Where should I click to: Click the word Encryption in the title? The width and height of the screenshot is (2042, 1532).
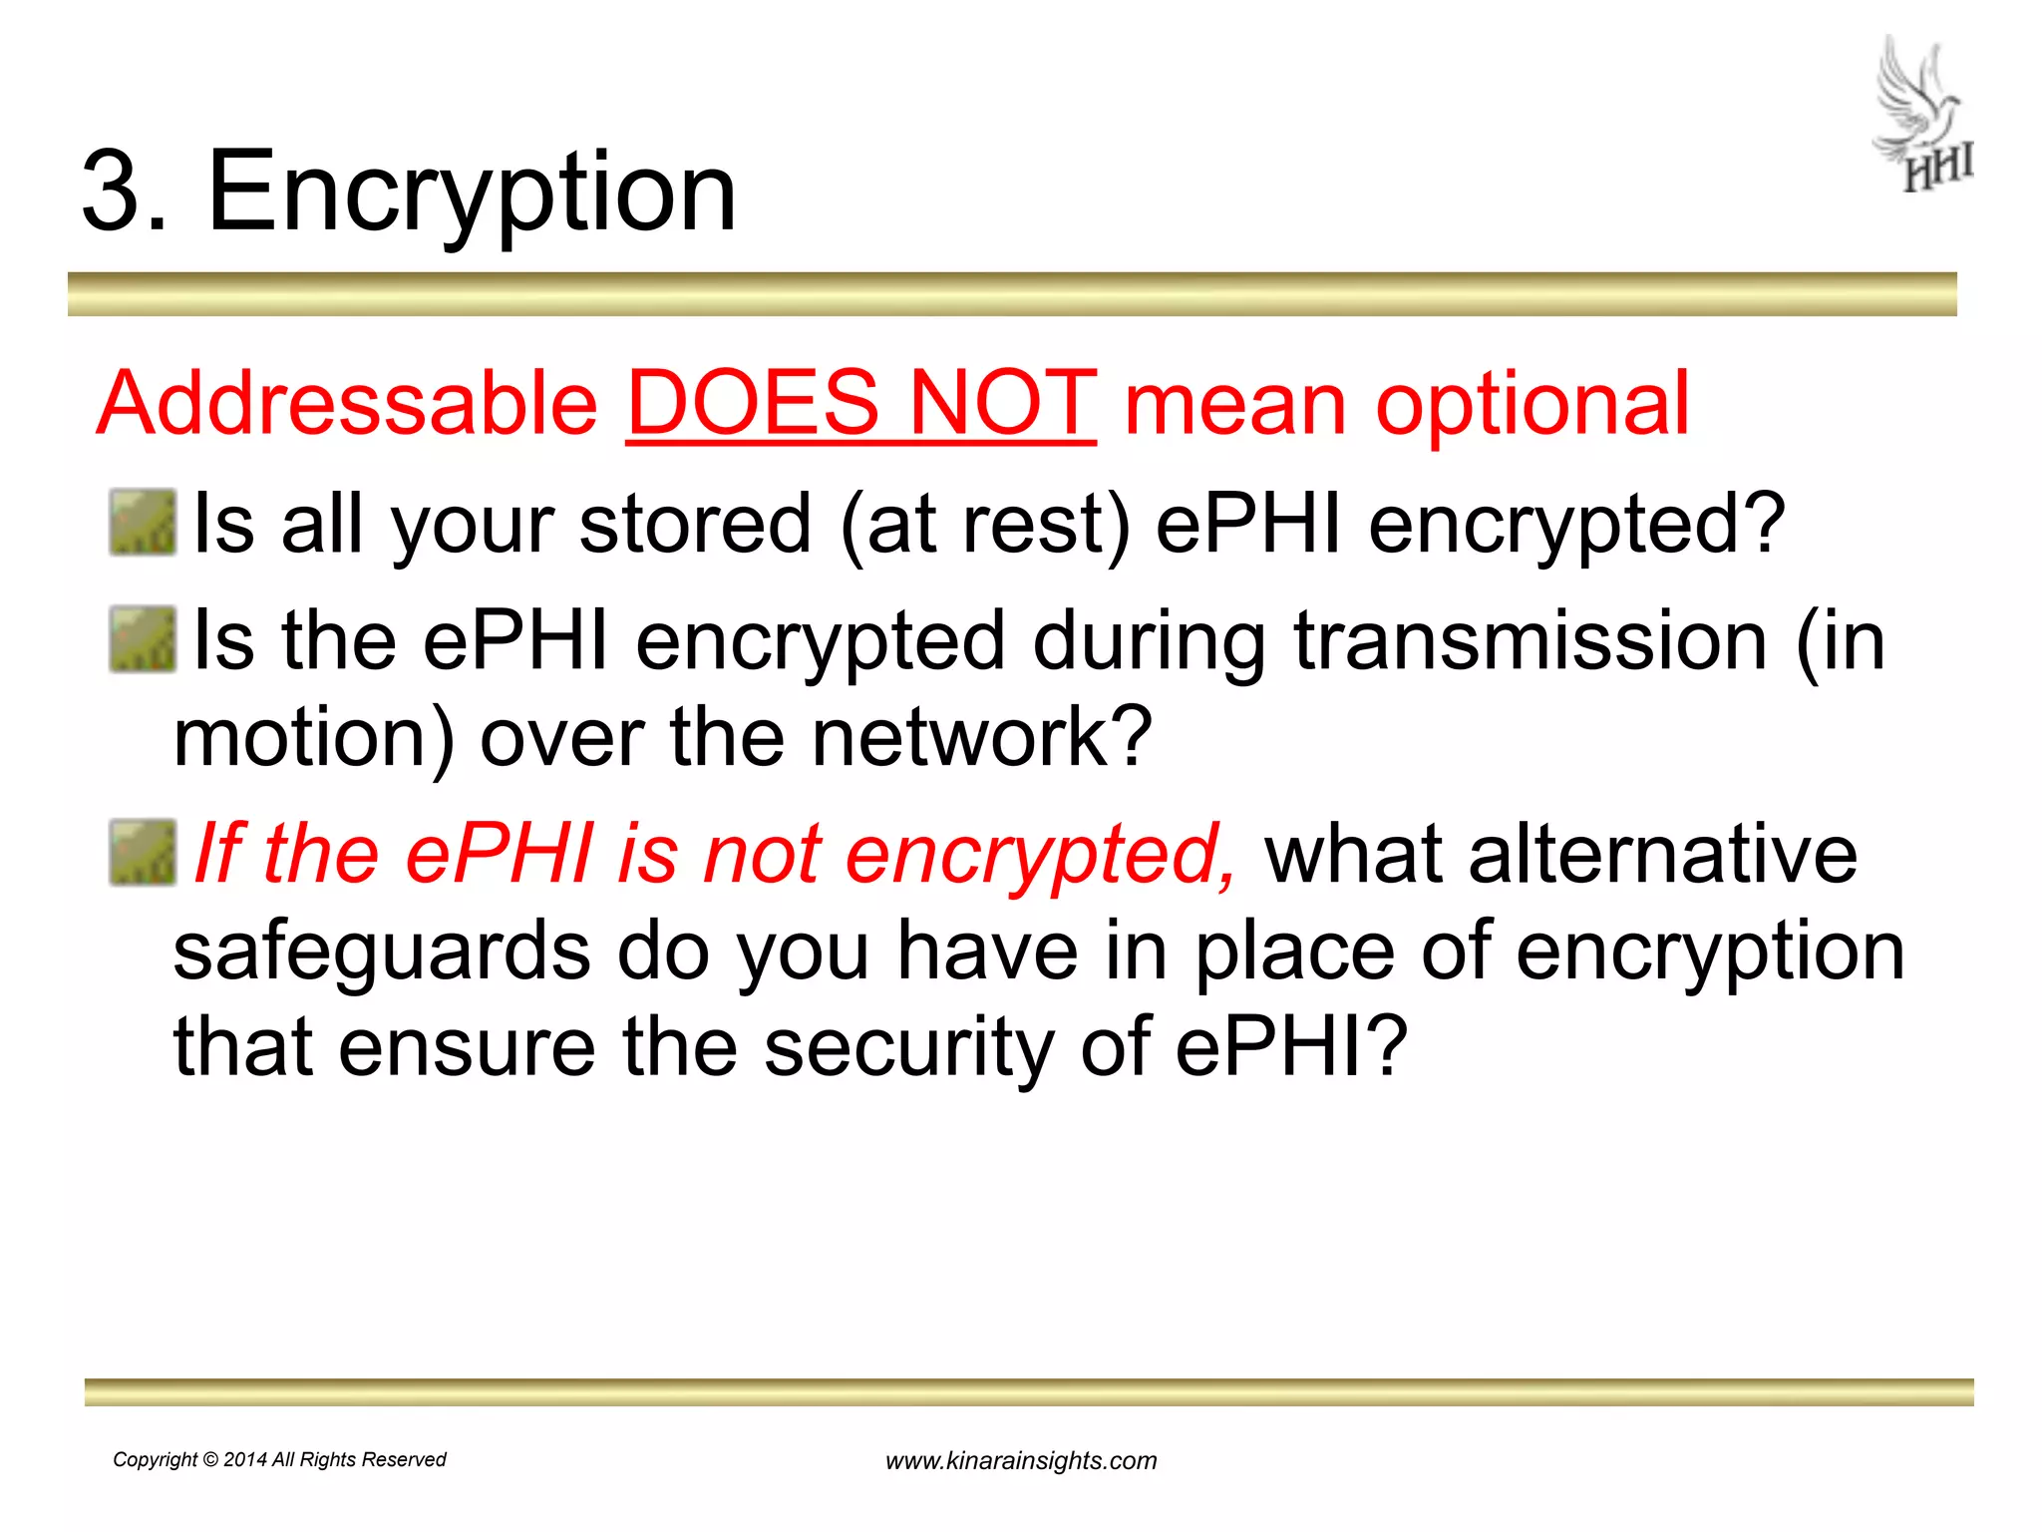pyautogui.click(x=472, y=191)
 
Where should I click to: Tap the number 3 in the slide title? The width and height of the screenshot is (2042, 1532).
pyautogui.click(x=112, y=191)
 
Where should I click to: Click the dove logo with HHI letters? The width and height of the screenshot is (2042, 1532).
pyautogui.click(x=1923, y=115)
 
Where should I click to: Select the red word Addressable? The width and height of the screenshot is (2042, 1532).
pyautogui.click(x=347, y=403)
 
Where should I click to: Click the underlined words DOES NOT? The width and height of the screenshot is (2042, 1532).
pyautogui.click(x=861, y=403)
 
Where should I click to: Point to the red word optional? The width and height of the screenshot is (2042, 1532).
pyautogui.click(x=1532, y=405)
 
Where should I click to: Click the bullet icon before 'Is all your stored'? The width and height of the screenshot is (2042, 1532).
pyautogui.click(x=142, y=522)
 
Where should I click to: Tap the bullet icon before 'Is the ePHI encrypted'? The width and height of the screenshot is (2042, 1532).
pyautogui.click(x=142, y=639)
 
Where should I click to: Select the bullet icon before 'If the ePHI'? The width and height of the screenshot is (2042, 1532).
pyautogui.click(x=142, y=853)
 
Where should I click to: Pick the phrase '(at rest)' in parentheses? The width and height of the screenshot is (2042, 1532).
pyautogui.click(x=986, y=526)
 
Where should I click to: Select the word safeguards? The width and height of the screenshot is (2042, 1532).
pyautogui.click(x=382, y=953)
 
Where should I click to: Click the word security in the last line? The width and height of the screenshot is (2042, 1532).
pyautogui.click(x=908, y=1048)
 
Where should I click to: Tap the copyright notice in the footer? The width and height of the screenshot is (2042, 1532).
pyautogui.click(x=279, y=1459)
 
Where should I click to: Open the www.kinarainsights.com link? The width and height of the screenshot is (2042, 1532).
pyautogui.click(x=1021, y=1461)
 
